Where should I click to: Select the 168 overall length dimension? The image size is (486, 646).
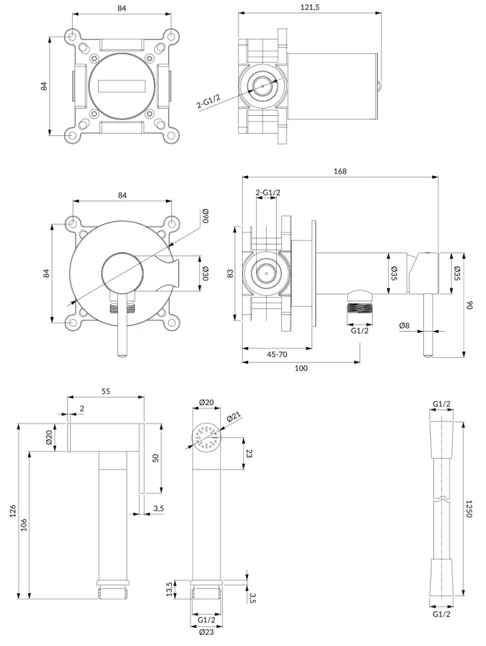click(340, 171)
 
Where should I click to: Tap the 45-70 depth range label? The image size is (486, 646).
click(277, 354)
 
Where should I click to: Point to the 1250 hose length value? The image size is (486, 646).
click(469, 508)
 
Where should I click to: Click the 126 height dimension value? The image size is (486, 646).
click(13, 511)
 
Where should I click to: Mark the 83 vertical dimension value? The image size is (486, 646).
click(231, 273)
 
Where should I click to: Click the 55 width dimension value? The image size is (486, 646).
click(105, 392)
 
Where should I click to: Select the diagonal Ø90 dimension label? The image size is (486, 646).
click(206, 215)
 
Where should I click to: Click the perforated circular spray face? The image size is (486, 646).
click(207, 437)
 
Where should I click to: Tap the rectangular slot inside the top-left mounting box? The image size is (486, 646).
click(122, 86)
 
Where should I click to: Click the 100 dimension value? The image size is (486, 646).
click(301, 368)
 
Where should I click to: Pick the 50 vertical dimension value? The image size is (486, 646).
click(155, 458)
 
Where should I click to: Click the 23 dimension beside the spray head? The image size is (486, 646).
click(249, 453)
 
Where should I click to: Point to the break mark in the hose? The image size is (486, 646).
click(441, 499)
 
